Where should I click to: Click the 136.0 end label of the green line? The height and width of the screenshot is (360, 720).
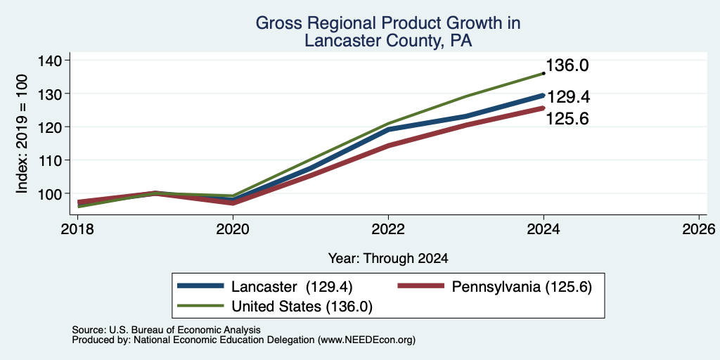[x=567, y=65]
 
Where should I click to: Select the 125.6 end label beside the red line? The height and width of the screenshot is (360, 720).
[x=567, y=119]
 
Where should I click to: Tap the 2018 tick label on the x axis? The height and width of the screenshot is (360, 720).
[x=77, y=229]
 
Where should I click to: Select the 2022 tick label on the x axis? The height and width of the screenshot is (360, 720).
[x=388, y=229]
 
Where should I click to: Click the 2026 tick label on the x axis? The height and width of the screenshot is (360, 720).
[x=699, y=229]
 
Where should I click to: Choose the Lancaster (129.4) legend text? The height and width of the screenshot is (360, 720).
[x=292, y=287]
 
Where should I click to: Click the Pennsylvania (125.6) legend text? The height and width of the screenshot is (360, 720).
[x=522, y=287]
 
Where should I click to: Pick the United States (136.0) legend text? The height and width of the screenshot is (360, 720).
[x=302, y=307]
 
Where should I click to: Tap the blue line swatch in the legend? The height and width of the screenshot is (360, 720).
[x=200, y=286]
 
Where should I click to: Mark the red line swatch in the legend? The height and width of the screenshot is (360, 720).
[x=421, y=286]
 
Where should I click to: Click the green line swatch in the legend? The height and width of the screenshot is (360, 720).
[x=200, y=305]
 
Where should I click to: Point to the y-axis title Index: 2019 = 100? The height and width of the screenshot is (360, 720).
[x=22, y=134]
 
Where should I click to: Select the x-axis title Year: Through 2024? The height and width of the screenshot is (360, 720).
[x=388, y=259]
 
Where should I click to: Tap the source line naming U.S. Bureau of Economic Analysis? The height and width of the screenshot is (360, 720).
[x=166, y=330]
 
